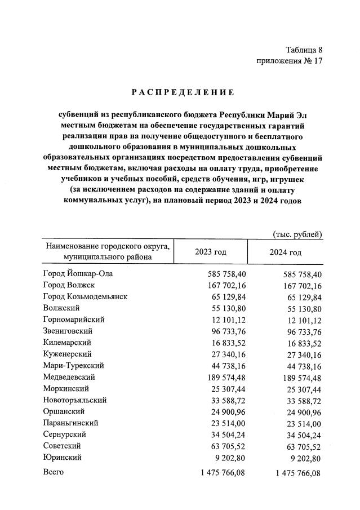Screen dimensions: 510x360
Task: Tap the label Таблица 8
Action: coord(304,50)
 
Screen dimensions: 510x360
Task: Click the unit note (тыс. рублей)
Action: coord(297,234)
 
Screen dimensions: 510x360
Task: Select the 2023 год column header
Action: coord(211,252)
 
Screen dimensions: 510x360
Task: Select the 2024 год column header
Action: coord(286,252)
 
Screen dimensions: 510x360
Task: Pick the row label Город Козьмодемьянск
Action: coord(85,296)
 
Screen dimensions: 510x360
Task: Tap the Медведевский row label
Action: coord(69,377)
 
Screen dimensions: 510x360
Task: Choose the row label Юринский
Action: coord(63,458)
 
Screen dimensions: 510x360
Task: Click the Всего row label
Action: coord(54,473)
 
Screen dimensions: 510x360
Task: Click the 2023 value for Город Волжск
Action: coord(223,285)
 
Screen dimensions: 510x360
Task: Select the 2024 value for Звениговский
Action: coord(300,331)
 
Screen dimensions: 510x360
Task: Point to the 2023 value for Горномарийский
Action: coord(225,320)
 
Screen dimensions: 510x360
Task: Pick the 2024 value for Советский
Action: coord(300,446)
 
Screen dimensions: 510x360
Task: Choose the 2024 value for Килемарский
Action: coord(300,343)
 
